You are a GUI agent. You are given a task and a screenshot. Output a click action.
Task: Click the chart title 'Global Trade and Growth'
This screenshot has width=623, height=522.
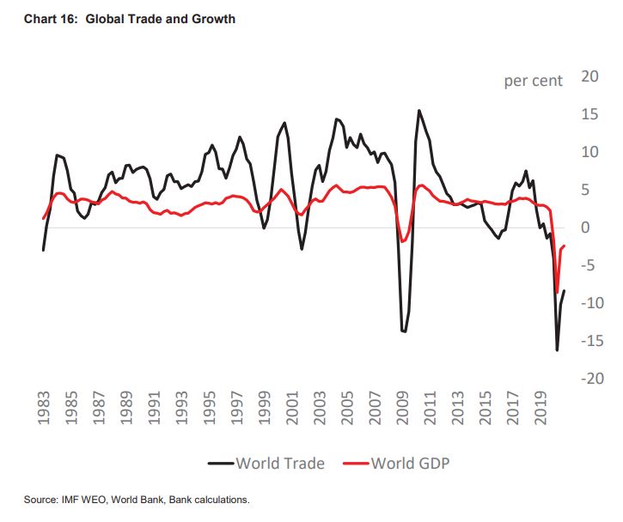point(160,19)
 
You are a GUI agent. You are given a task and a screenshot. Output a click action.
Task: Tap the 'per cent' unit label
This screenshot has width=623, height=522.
point(533,82)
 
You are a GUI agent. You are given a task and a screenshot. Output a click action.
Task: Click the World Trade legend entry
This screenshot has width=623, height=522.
point(266,464)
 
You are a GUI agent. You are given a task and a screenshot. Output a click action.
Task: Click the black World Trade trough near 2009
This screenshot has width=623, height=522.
point(404,331)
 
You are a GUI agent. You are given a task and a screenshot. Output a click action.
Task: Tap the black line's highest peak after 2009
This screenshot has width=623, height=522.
point(418,111)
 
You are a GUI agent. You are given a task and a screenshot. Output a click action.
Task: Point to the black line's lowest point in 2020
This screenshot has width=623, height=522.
point(557,350)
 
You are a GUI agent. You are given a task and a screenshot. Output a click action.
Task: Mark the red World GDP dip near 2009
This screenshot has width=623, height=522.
point(402,242)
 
